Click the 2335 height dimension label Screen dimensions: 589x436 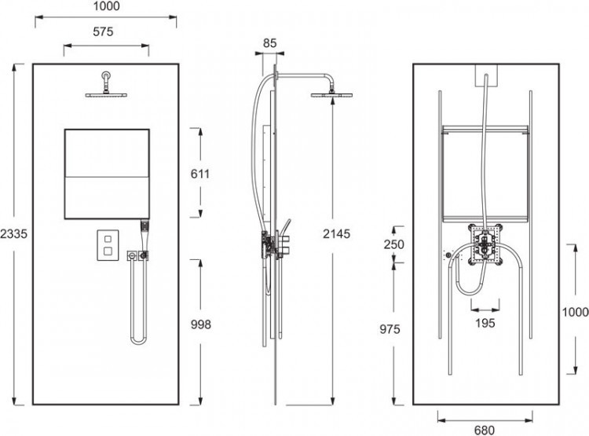(x=13, y=234)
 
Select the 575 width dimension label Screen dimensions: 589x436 (x=103, y=31)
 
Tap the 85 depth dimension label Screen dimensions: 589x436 (x=269, y=43)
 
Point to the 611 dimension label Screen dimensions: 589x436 (x=200, y=174)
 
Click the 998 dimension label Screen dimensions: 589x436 (x=201, y=324)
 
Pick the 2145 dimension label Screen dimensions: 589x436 (x=337, y=234)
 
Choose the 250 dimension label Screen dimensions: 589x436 (x=394, y=244)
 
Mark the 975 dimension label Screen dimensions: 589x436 (x=390, y=329)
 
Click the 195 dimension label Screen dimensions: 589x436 (x=485, y=323)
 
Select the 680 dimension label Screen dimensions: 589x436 (x=485, y=430)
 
